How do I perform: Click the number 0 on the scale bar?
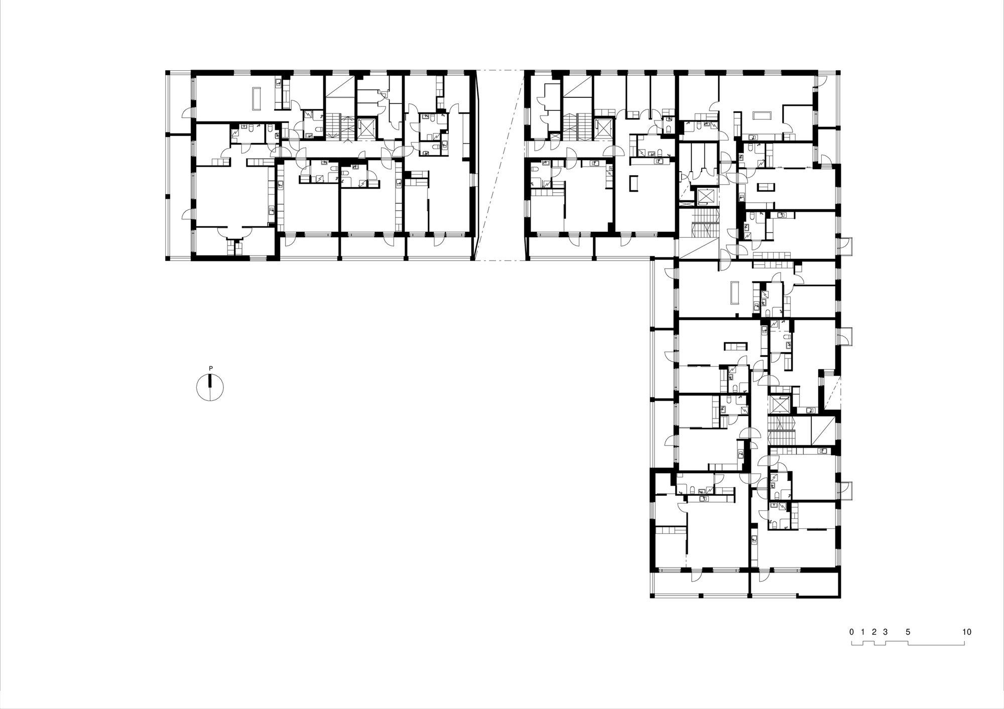(851, 632)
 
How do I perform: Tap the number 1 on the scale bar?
(862, 632)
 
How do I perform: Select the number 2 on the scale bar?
(874, 632)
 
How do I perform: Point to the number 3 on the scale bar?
(886, 632)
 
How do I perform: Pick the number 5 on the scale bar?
(908, 632)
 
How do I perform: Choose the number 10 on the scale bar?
(967, 632)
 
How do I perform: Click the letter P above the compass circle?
(211, 369)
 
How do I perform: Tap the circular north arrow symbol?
(210, 388)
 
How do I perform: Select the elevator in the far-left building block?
(365, 128)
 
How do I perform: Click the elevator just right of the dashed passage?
(604, 128)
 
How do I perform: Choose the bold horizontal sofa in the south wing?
(735, 346)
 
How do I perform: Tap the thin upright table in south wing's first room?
(736, 293)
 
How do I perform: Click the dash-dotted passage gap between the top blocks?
(499, 166)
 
